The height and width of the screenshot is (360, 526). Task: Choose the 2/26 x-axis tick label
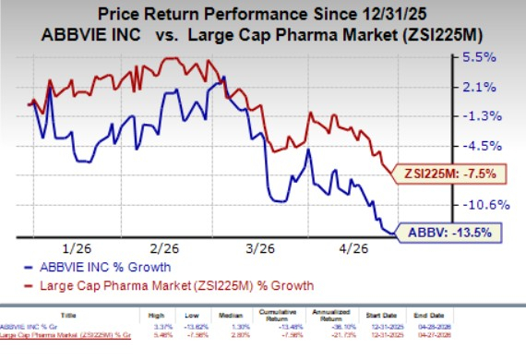pos(163,249)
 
